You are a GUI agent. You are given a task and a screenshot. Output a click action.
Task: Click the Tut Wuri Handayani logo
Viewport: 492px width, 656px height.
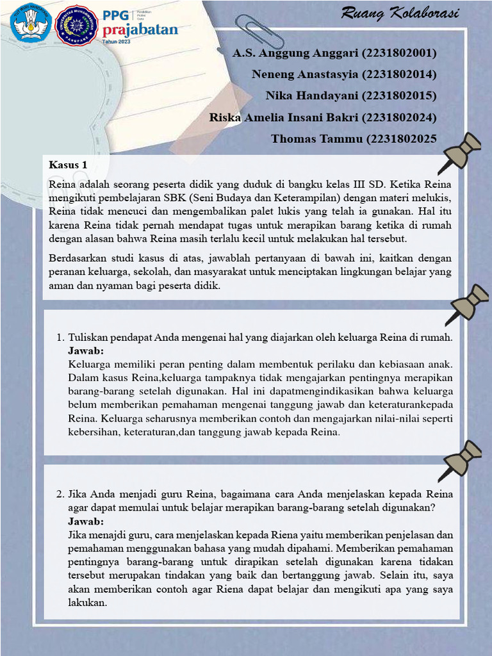30,24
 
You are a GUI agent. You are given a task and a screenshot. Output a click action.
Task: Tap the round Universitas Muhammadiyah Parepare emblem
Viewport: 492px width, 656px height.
77,25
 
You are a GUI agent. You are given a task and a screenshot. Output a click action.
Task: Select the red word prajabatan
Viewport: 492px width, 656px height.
140,29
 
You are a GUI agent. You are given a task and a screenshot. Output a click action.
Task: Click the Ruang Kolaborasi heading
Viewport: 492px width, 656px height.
400,13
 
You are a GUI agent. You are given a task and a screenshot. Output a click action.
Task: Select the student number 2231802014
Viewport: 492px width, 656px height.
398,74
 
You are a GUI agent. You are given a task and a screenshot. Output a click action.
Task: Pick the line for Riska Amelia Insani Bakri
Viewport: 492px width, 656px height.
323,117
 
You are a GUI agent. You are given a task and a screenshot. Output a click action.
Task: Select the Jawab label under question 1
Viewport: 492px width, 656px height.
86,352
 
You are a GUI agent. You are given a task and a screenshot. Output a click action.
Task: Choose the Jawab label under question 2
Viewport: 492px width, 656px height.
86,522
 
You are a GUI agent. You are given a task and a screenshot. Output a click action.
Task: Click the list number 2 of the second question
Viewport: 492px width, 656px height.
59,495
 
